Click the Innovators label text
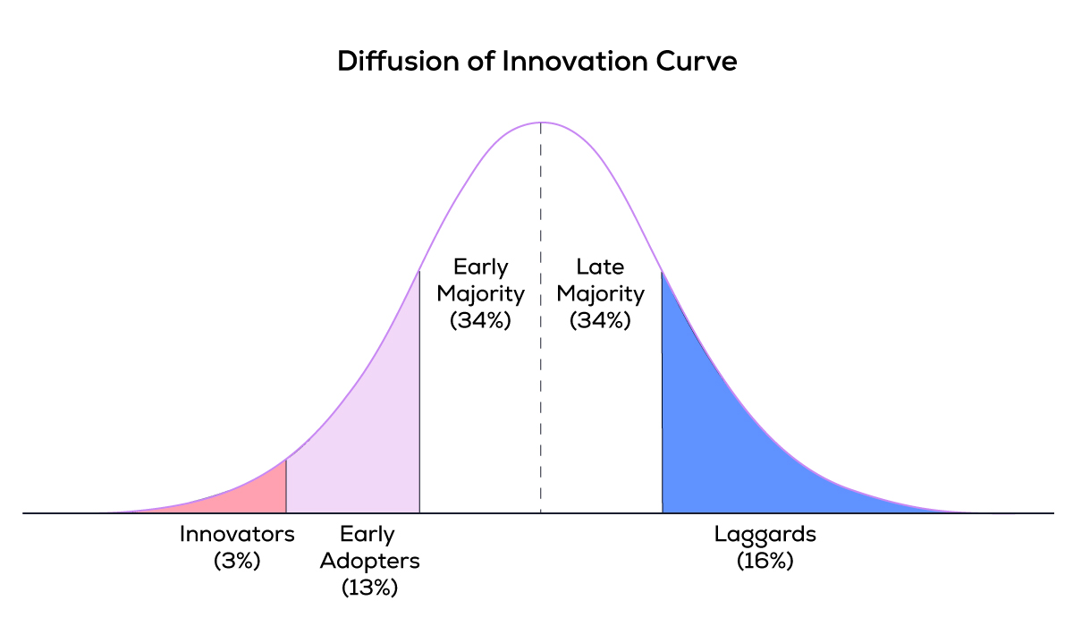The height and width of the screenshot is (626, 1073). [x=237, y=535]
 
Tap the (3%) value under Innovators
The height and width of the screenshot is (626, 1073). [x=237, y=562]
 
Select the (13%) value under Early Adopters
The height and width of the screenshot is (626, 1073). [x=369, y=588]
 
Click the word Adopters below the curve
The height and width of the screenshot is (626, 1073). [x=369, y=562]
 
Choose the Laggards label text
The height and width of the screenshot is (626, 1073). [x=765, y=535]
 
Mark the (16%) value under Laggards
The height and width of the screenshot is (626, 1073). [x=765, y=562]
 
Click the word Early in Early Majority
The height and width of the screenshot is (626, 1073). [x=480, y=266]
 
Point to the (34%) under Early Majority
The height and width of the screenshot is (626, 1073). [x=480, y=320]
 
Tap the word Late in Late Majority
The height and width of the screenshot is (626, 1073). [x=600, y=266]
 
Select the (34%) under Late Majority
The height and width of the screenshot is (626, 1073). [x=600, y=320]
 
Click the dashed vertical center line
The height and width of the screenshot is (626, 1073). [x=540, y=402]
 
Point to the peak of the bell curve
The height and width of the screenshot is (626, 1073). [x=540, y=122]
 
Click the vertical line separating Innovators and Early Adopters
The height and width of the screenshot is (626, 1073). [x=286, y=487]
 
